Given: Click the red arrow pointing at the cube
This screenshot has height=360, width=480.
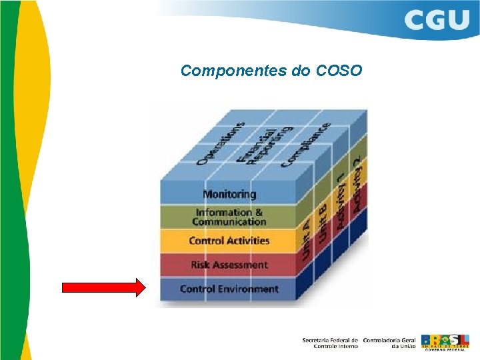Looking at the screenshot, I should (x=103, y=288).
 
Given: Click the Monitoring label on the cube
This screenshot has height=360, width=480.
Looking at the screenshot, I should (x=229, y=194).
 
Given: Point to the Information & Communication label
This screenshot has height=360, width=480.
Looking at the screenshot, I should (x=229, y=217).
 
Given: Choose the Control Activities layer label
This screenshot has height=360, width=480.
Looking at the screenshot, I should (x=229, y=241).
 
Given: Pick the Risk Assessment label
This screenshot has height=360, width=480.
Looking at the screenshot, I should (x=229, y=265).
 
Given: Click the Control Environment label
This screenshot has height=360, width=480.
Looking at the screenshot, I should (x=229, y=289).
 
